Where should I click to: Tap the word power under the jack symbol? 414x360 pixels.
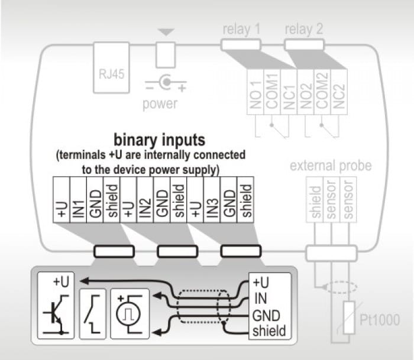click(x=160, y=104)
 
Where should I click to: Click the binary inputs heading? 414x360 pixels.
click(x=159, y=140)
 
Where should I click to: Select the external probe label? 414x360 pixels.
click(x=331, y=165)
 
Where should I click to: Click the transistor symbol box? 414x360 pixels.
click(x=56, y=305)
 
